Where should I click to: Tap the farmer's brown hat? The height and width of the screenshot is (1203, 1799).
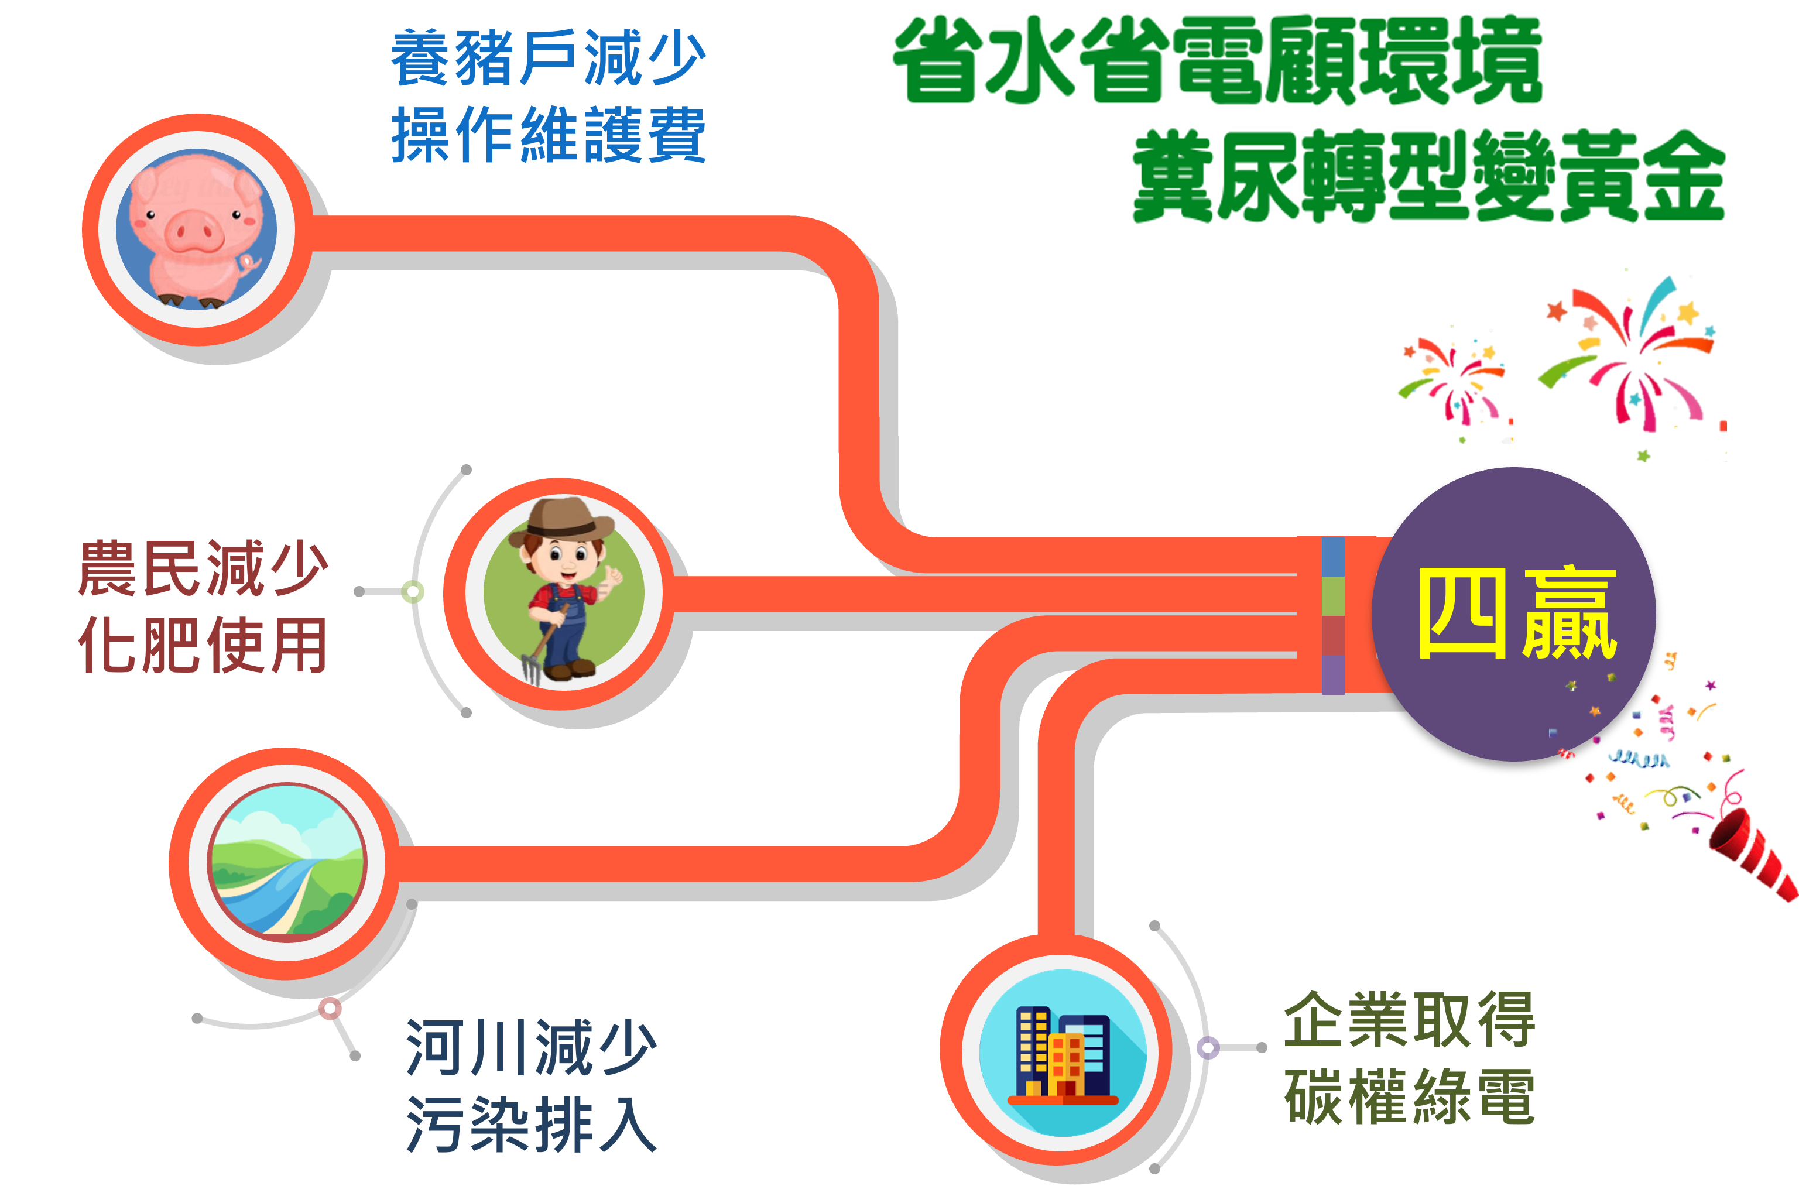(x=564, y=519)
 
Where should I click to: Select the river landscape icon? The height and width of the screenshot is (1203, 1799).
(x=287, y=862)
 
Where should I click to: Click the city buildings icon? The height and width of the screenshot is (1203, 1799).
(x=1063, y=1053)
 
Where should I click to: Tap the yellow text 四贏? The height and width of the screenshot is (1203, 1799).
(x=1517, y=614)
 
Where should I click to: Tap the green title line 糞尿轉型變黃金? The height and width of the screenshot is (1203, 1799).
(x=1428, y=176)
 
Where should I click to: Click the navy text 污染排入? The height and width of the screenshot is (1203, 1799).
(x=531, y=1124)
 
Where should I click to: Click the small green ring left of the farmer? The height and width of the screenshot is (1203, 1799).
(x=413, y=591)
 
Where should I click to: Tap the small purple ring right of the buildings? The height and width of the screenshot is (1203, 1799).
(x=1208, y=1047)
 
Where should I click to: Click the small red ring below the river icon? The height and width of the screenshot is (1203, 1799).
(x=330, y=1008)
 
